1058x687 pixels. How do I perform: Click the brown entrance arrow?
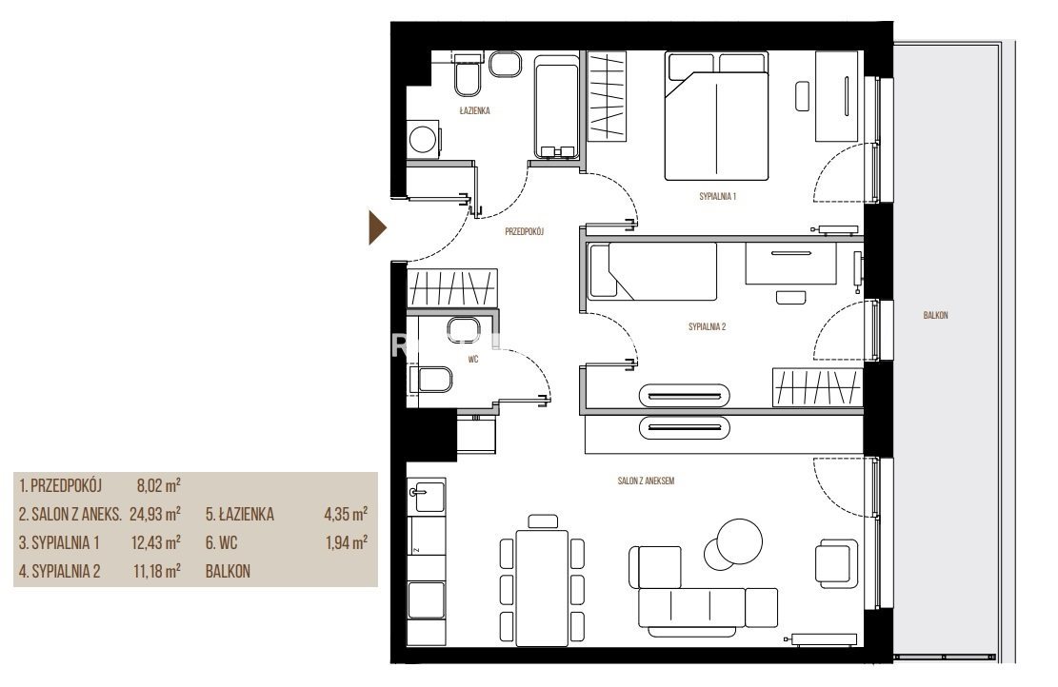pos(377,227)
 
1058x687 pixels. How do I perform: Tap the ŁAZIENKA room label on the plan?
pos(474,110)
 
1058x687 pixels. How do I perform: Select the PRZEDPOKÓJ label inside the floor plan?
pos(525,231)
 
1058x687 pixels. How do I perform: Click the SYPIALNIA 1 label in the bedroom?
pos(717,197)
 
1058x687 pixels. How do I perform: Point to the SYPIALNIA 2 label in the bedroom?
pos(707,327)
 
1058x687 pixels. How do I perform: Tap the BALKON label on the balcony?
pos(935,315)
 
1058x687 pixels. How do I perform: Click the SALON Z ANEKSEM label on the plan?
pos(646,481)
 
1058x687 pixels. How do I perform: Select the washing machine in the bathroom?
pos(423,140)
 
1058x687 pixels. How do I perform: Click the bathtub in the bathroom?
pos(557,108)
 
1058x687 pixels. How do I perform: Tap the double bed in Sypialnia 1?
pos(716,116)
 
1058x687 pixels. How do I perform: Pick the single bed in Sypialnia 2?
pos(652,271)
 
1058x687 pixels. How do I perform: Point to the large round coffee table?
pos(740,541)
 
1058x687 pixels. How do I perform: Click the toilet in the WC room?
pos(434,380)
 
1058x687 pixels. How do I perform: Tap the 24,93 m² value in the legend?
pos(155,515)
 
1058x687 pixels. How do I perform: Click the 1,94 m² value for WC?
pos(346,542)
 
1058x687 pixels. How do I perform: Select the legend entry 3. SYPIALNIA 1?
pos(59,542)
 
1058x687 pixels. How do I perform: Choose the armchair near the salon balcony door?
pos(837,563)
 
